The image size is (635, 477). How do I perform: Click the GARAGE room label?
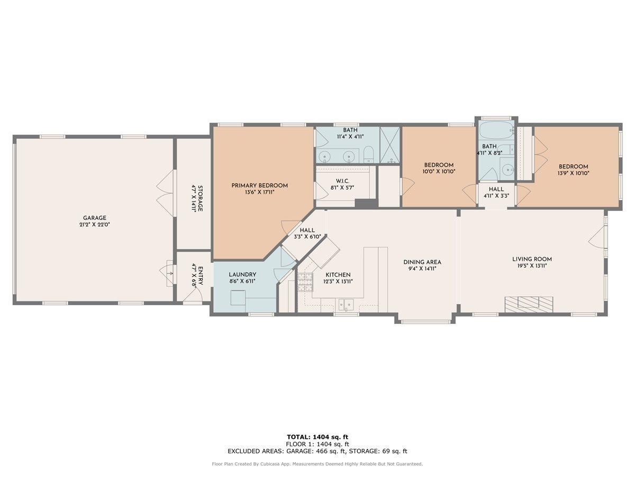(x=95, y=218)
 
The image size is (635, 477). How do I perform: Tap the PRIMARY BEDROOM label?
(x=259, y=185)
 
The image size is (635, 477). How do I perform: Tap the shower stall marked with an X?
(x=391, y=145)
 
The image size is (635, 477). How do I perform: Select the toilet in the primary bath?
(x=369, y=155)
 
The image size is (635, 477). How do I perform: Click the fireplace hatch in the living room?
(x=528, y=303)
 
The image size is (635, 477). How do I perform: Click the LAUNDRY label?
(x=242, y=275)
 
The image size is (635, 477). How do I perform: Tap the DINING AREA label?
(x=422, y=262)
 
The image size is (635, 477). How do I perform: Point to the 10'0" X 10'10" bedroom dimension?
(x=439, y=171)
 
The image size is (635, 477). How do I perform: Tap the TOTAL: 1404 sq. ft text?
(x=317, y=437)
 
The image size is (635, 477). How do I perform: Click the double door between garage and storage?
(x=165, y=193)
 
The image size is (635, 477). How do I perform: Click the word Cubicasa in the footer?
(x=285, y=464)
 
